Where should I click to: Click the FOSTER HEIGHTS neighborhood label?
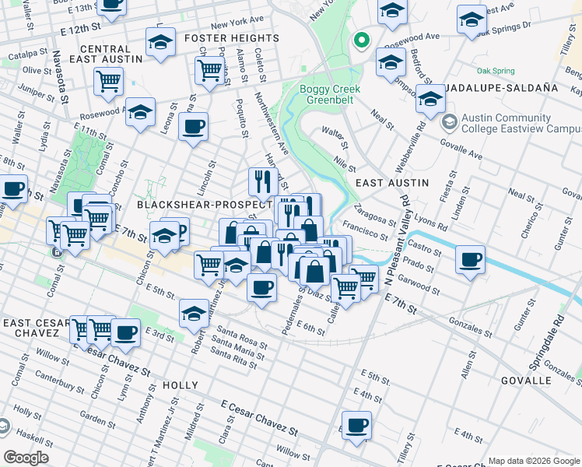coord(232,38)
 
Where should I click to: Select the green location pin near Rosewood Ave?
coord(361,40)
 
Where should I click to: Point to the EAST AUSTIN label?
coord(392,182)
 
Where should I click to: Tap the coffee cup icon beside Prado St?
coord(470,260)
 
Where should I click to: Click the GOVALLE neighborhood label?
coord(527,381)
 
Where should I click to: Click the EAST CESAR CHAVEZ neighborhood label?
coord(31,328)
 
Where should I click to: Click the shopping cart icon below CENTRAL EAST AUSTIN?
coord(108,81)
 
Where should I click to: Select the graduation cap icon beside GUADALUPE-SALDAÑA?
coord(429,98)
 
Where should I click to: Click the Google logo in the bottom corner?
coord(26,458)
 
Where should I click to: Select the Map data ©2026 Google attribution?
coord(534,461)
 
